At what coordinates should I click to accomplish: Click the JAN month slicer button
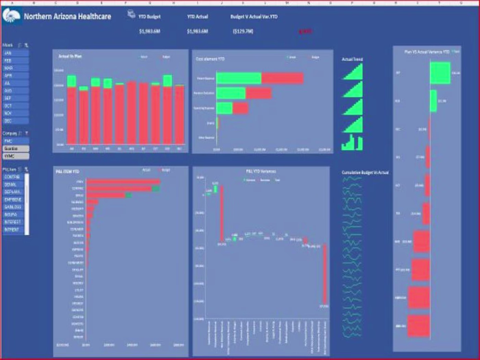coord(15,52)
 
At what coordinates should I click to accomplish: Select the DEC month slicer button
coord(15,121)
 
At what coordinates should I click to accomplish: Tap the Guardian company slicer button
coord(15,148)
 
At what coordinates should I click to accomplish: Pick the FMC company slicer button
coord(15,141)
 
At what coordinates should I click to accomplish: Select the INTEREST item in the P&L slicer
coord(13,222)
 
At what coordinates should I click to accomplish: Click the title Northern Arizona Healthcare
coord(68,16)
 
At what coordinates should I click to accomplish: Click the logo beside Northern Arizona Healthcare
coord(12,16)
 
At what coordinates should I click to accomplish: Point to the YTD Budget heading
coord(149,16)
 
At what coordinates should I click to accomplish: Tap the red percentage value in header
coord(305,31)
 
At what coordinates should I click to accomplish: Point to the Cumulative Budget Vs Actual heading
coord(365,173)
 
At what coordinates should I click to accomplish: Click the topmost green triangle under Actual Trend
coord(352,72)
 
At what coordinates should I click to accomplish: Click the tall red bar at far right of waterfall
coord(325,274)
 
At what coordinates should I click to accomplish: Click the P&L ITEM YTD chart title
coord(69,171)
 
